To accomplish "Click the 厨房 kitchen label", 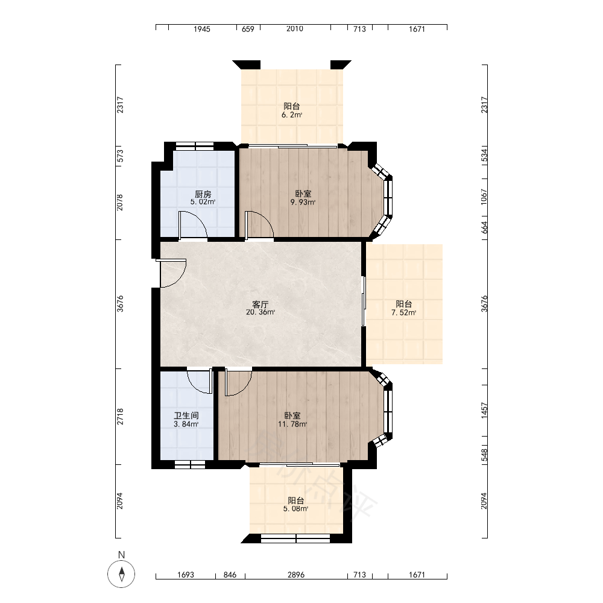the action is (x=203, y=194).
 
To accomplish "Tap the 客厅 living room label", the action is (x=260, y=305).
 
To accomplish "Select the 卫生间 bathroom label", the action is (x=186, y=415).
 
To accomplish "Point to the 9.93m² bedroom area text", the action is (x=303, y=202).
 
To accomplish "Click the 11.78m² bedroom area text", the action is (x=292, y=424).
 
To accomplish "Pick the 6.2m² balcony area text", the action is (x=292, y=115).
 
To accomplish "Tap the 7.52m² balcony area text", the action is (x=404, y=312).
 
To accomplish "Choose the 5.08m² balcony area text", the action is (x=295, y=509).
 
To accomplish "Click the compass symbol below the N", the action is (x=122, y=574).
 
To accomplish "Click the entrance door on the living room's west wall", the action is (x=174, y=273).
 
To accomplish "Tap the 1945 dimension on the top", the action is (x=202, y=29).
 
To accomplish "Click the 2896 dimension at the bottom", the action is (x=295, y=575).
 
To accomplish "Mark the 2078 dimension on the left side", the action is (x=120, y=202).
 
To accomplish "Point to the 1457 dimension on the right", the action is (x=484, y=411).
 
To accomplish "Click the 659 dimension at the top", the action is (x=248, y=29).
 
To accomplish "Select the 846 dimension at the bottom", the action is (x=230, y=575).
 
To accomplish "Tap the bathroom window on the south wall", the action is (x=190, y=464).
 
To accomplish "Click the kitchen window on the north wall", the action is (x=194, y=146).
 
